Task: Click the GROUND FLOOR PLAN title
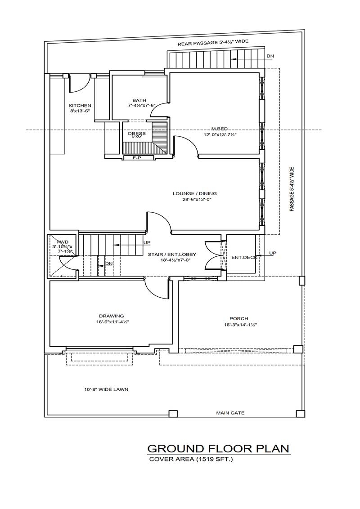click(x=218, y=448)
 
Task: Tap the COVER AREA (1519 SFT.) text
click(x=191, y=459)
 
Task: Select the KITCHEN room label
click(x=80, y=106)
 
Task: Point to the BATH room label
click(x=139, y=100)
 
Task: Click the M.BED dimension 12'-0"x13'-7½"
click(x=220, y=134)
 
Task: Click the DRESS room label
click(x=136, y=134)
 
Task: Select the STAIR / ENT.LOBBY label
click(x=172, y=254)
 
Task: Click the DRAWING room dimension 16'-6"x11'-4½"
click(x=111, y=321)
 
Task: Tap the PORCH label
click(x=238, y=319)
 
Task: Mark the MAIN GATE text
click(x=230, y=413)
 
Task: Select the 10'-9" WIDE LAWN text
click(x=106, y=389)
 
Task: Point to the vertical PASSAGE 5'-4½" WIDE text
click(x=292, y=189)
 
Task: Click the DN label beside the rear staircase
click(x=270, y=56)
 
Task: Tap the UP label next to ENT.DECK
click(x=272, y=253)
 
